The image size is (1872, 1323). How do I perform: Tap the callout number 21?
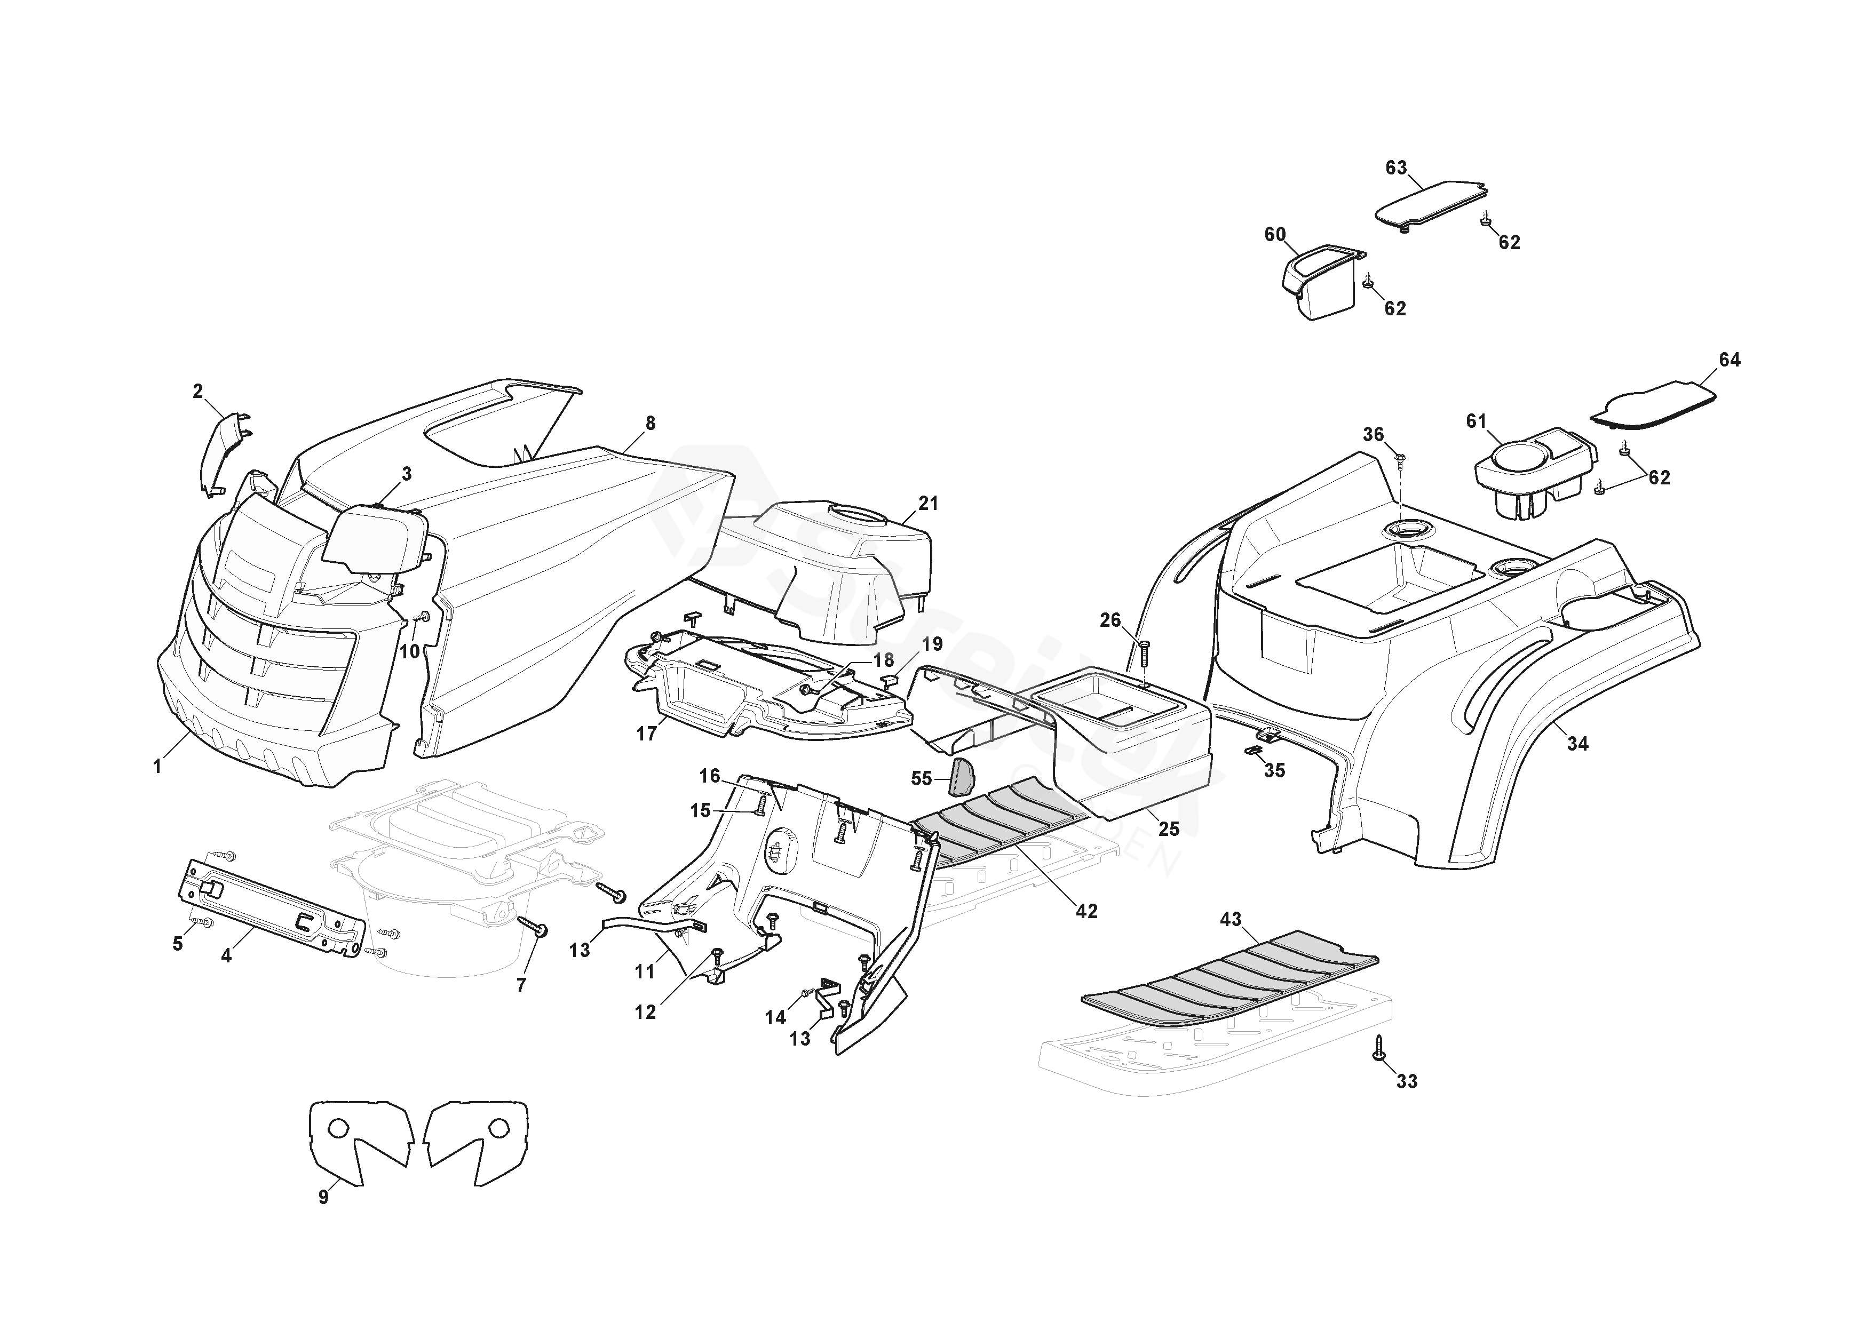[929, 504]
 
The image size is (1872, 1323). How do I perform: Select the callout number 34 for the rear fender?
[1577, 744]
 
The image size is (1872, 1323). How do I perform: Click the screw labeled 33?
[1379, 1049]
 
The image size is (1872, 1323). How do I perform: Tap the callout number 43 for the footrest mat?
[1231, 920]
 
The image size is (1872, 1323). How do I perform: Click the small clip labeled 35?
[1255, 751]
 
